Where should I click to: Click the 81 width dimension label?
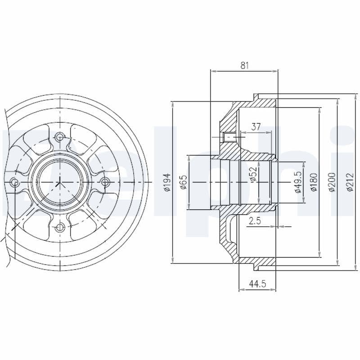point(244,65)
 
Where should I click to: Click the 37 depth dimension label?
point(256,127)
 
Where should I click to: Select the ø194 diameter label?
point(166,182)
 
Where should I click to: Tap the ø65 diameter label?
point(183,182)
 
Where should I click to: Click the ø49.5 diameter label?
point(297,182)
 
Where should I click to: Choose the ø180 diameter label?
point(314,182)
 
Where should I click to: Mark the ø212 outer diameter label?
point(350,182)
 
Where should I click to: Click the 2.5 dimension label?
point(255,220)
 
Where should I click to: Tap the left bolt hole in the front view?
point(14,182)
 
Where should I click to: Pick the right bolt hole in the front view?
point(105,182)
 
